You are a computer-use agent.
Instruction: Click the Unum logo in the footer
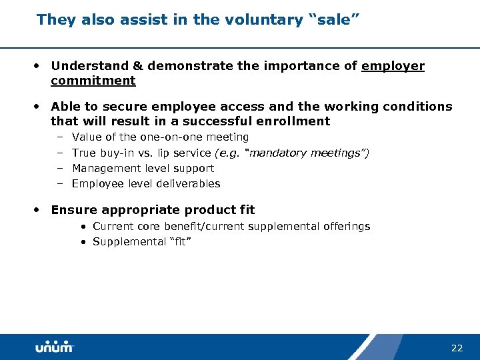click(x=54, y=347)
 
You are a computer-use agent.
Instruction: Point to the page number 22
click(x=457, y=348)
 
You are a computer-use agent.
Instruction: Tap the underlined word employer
click(x=393, y=66)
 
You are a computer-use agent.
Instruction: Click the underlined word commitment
click(x=93, y=81)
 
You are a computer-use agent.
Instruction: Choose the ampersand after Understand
click(x=137, y=66)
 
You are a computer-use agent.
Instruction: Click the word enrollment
click(x=297, y=121)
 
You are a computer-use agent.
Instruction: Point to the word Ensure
click(x=71, y=210)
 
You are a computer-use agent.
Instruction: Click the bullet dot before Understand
click(x=39, y=66)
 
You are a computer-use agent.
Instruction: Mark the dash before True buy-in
click(x=59, y=153)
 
